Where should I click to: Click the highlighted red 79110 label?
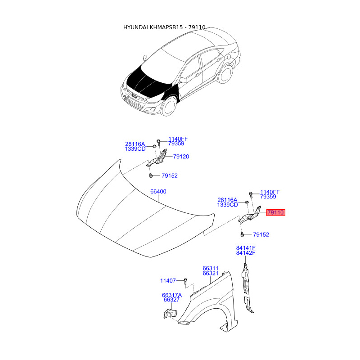(x=275, y=212)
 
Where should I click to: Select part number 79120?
(x=181, y=157)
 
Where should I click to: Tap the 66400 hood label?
(x=158, y=191)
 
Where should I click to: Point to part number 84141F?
(x=246, y=247)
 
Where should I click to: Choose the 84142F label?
(x=246, y=253)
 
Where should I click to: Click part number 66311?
(x=210, y=268)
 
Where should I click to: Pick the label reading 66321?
(x=210, y=274)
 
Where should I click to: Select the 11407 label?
(x=168, y=280)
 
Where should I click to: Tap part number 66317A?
(x=172, y=295)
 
